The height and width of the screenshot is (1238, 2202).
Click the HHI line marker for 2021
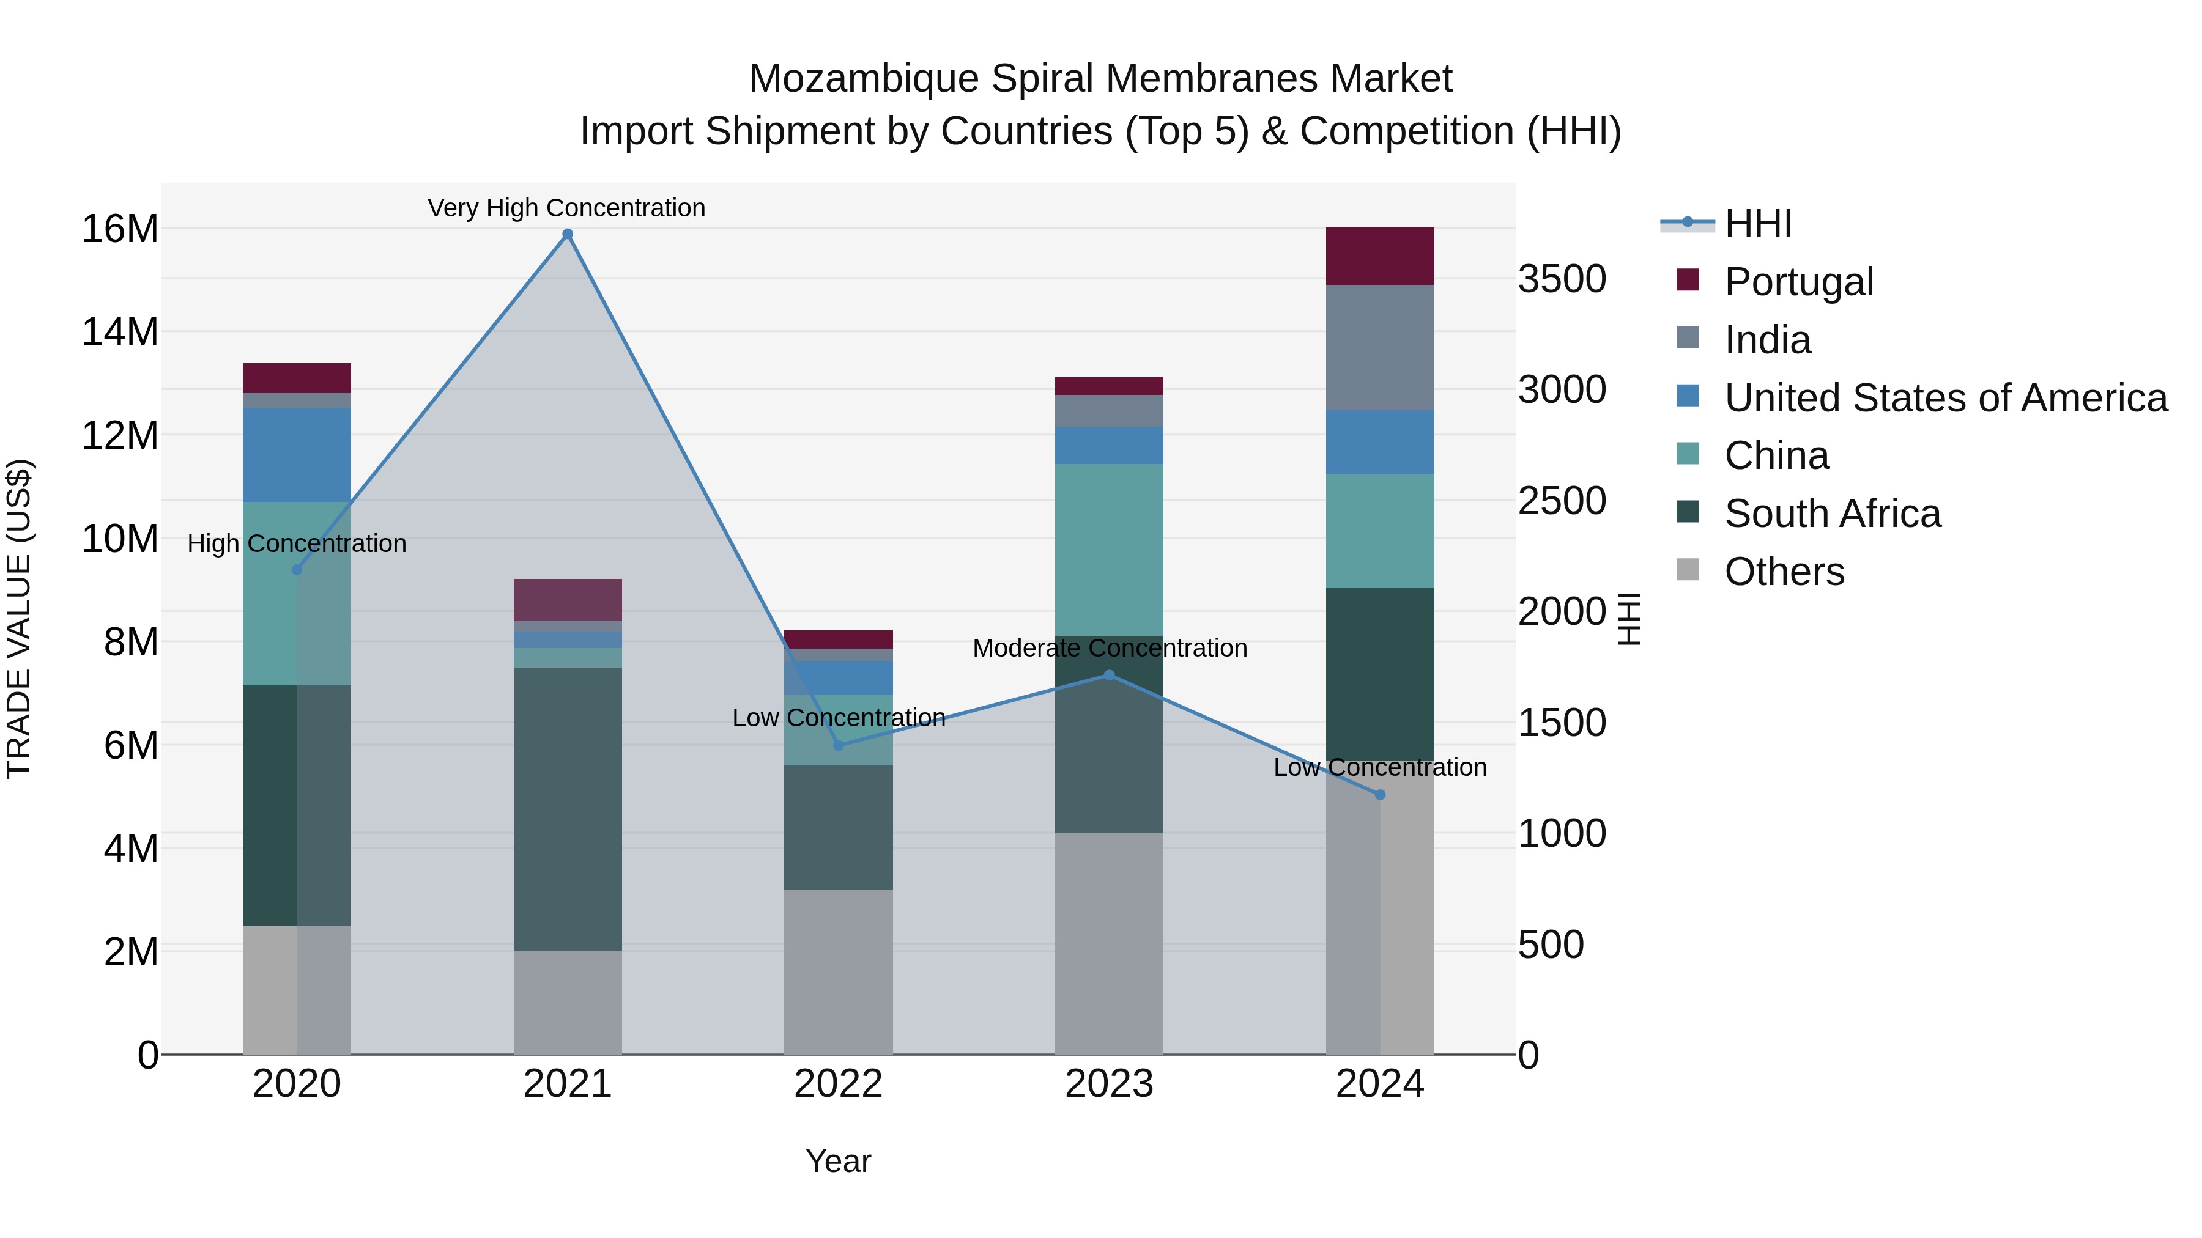coord(567,234)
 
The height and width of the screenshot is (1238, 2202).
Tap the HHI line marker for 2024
coord(1380,795)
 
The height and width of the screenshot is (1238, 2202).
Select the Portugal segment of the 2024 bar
coord(1380,256)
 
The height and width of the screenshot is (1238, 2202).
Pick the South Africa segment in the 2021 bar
coord(567,808)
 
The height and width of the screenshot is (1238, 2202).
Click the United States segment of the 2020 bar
coord(297,454)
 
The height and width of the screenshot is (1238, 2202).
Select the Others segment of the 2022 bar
coord(838,971)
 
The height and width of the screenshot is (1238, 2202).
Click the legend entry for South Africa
coord(1832,514)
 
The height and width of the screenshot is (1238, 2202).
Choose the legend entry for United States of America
coord(1944,398)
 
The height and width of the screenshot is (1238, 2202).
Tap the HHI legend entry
coord(1757,224)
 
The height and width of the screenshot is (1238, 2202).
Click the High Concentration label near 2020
coord(297,543)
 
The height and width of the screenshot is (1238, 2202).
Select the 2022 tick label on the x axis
coord(838,1084)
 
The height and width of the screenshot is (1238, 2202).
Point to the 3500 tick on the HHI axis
coord(1561,279)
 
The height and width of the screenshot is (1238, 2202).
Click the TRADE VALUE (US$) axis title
coord(19,619)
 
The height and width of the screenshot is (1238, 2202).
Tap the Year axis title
coord(838,1161)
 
